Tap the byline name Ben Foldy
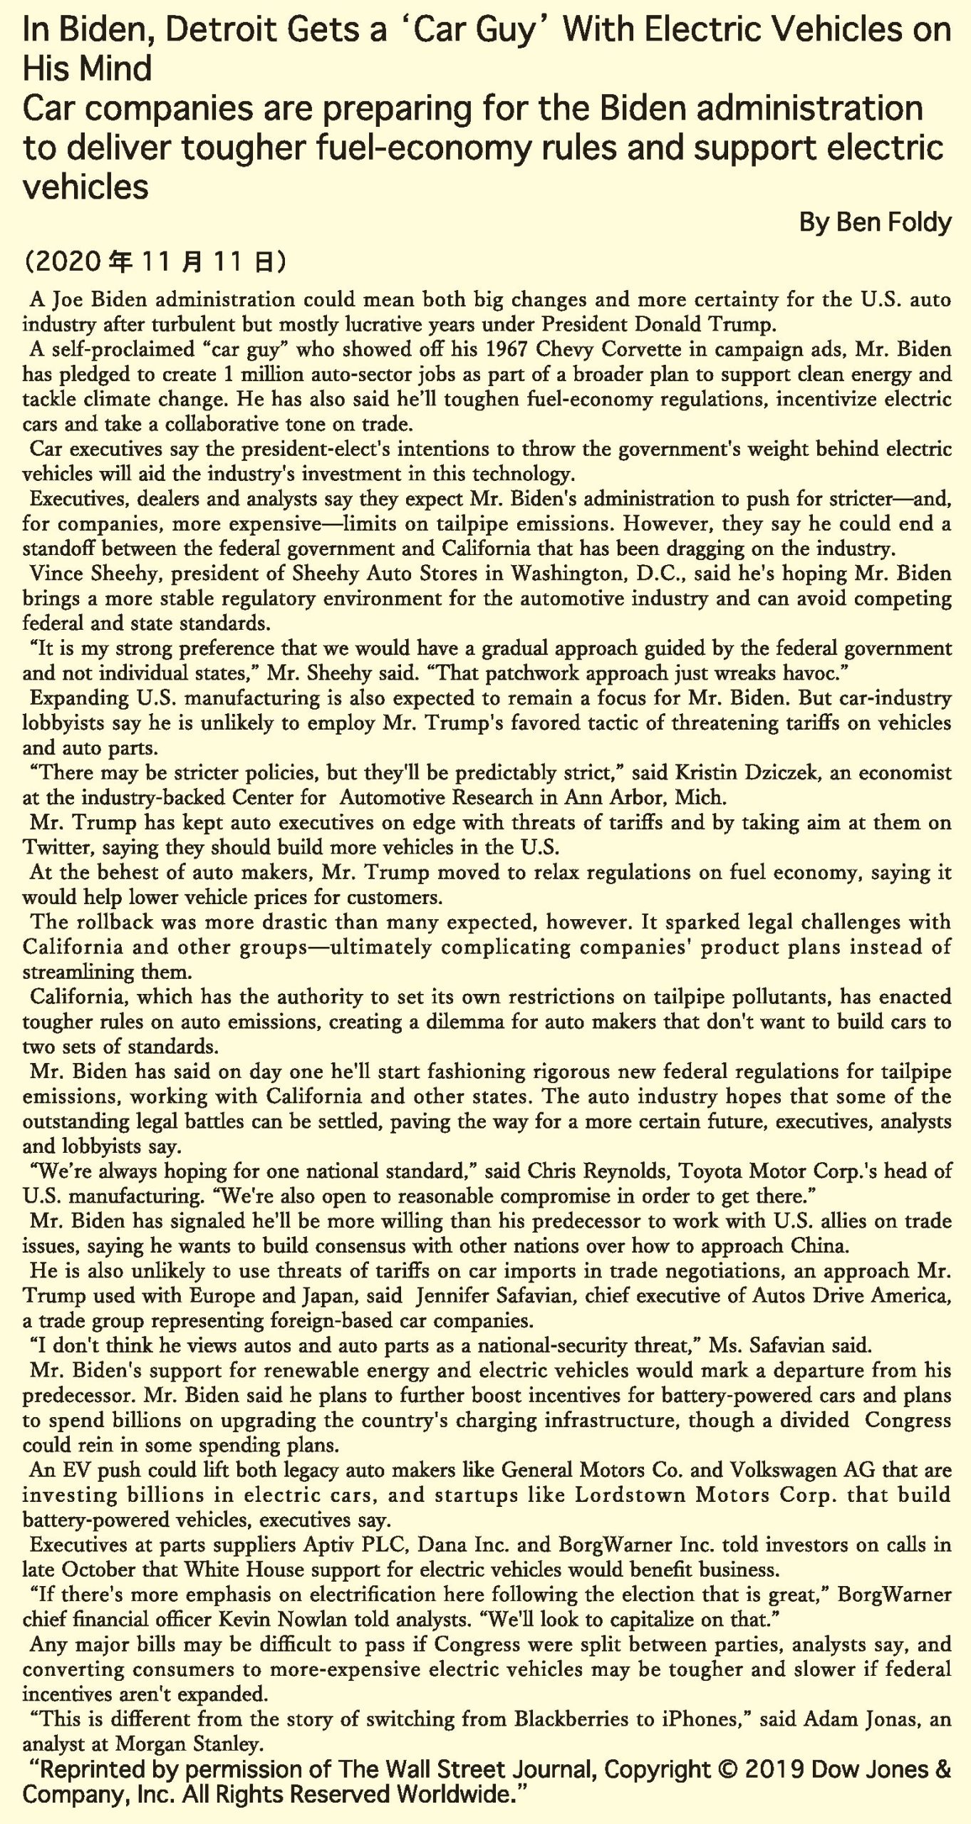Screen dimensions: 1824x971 point(893,223)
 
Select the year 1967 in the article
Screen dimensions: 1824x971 point(509,349)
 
